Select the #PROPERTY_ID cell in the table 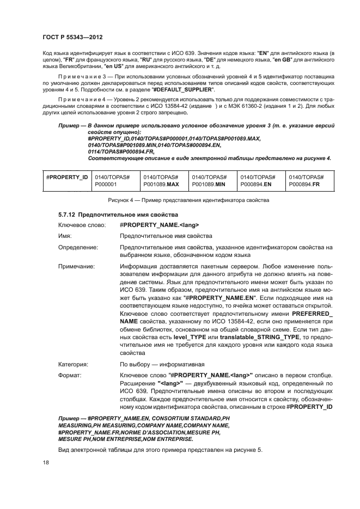(67, 177)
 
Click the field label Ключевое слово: (81, 225)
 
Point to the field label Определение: (78, 248)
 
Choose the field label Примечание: (77, 267)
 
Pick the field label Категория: (74, 364)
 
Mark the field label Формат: (70, 375)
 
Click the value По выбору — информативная (162, 364)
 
